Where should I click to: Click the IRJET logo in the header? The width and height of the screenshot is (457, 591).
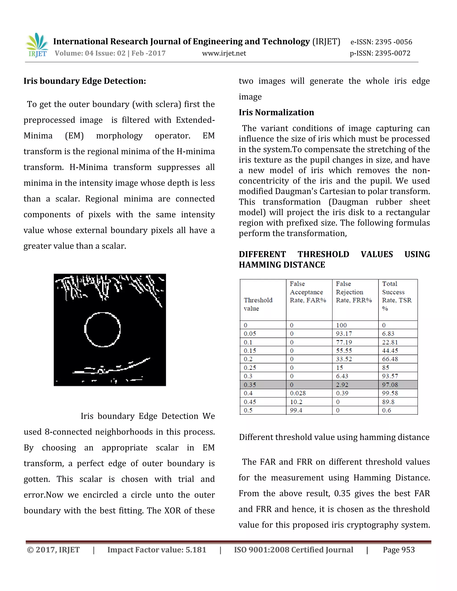click(37, 45)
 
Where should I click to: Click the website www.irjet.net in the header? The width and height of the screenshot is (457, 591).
click(224, 53)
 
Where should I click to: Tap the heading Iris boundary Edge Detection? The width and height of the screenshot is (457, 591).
click(85, 81)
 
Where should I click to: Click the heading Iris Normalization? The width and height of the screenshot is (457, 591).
click(276, 112)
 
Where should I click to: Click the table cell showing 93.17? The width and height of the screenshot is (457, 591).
click(344, 334)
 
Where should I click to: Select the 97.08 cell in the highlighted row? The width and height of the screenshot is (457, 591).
click(390, 384)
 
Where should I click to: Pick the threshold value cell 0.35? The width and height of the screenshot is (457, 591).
click(250, 384)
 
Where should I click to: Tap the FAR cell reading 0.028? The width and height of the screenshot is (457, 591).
click(298, 393)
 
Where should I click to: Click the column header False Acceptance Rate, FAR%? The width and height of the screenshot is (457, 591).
click(308, 292)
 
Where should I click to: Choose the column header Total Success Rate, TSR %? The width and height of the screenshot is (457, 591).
click(397, 296)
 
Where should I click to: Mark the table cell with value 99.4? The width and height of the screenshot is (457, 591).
click(296, 410)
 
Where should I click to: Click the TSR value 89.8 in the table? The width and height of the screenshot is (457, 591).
click(388, 402)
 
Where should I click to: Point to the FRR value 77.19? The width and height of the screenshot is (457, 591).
click(344, 342)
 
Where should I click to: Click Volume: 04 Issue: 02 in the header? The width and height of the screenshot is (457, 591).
click(90, 53)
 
